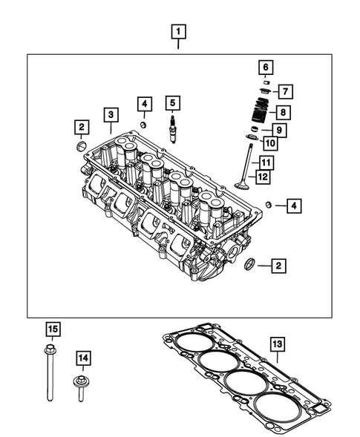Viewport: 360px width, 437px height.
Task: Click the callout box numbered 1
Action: coord(178,32)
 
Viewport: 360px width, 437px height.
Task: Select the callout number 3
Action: coord(110,114)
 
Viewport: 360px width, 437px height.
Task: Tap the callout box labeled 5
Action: coord(172,102)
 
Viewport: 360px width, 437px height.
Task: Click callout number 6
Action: coord(264,68)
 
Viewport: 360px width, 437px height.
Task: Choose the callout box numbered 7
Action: coord(286,91)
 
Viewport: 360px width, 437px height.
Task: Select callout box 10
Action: coord(269,142)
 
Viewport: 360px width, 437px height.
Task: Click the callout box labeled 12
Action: coord(261,176)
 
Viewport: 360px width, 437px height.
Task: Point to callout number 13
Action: coord(277,344)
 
